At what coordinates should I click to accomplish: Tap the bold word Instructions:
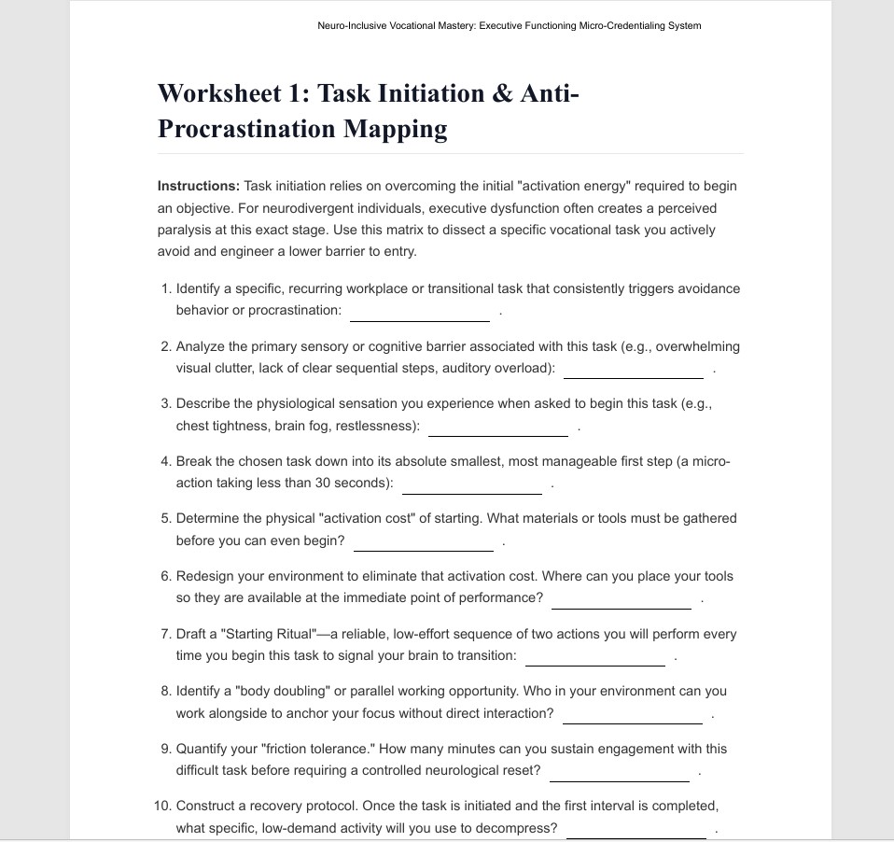coord(199,186)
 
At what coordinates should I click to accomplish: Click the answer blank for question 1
coord(420,312)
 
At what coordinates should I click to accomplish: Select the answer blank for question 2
coord(634,370)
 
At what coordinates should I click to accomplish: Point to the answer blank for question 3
coord(498,428)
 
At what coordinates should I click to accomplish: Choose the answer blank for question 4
coord(472,485)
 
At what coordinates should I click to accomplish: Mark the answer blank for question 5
coord(424,542)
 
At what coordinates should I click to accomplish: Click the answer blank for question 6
coord(622,600)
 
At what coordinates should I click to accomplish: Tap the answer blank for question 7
coord(595,657)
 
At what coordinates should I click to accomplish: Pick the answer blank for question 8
coord(633,715)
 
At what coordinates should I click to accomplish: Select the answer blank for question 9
coord(620,773)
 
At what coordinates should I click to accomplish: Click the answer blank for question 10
coord(636,830)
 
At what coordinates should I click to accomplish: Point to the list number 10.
coord(162,806)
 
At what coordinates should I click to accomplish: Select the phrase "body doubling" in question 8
coord(277,692)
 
